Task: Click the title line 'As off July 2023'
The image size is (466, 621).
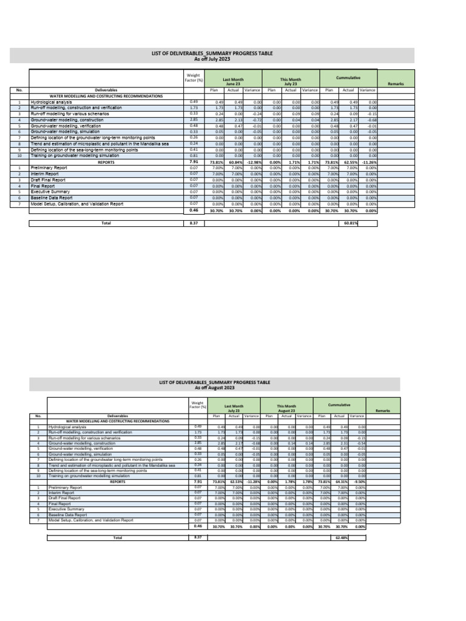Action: pyautogui.click(x=212, y=59)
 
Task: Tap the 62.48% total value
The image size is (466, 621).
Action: pyautogui.click(x=344, y=538)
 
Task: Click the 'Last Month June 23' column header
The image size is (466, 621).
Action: pyautogui.click(x=233, y=82)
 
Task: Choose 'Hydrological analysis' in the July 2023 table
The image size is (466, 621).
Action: pyautogui.click(x=52, y=102)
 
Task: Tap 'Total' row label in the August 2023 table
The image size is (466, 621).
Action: pyautogui.click(x=118, y=538)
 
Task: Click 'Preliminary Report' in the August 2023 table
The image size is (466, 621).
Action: pyautogui.click(x=64, y=488)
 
